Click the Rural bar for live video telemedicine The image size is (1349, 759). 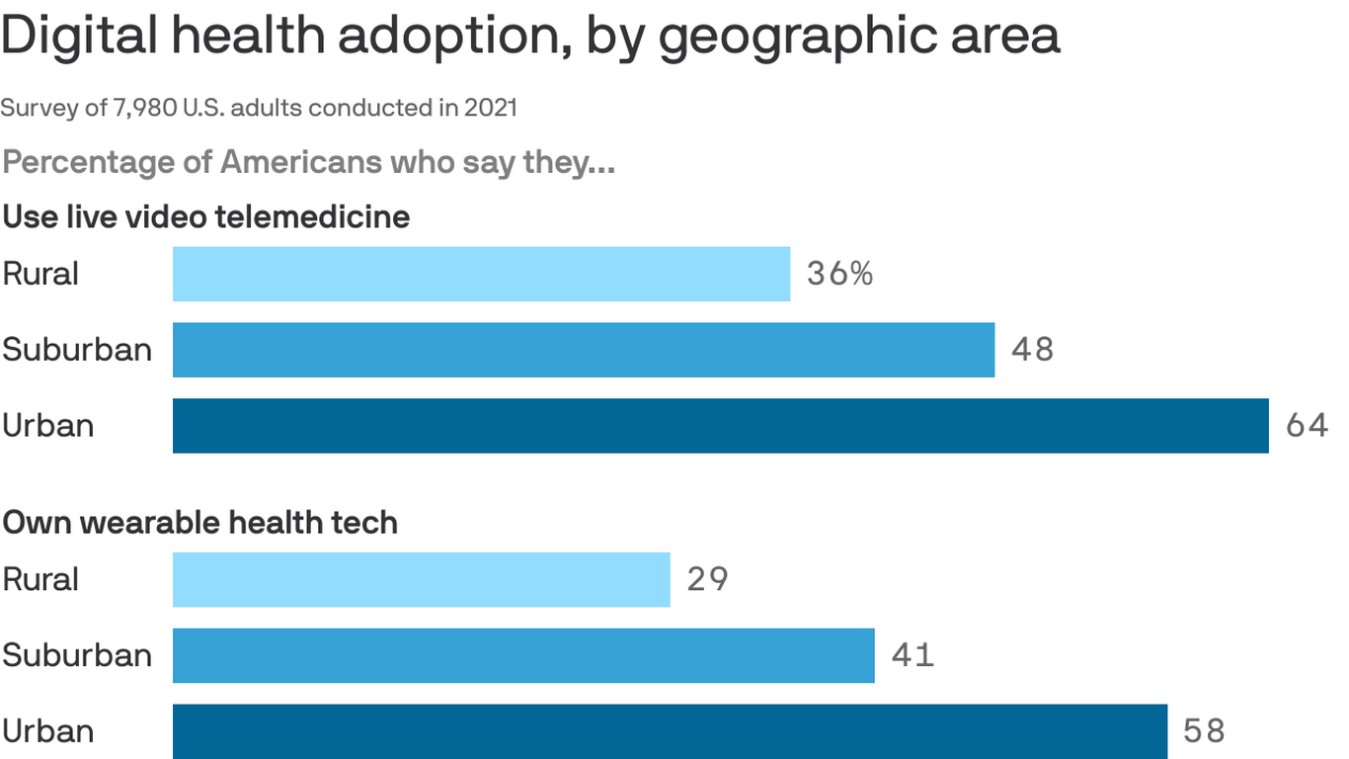click(481, 274)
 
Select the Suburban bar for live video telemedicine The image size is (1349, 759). click(583, 350)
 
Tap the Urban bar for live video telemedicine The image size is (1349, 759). click(720, 426)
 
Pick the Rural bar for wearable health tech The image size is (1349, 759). click(421, 579)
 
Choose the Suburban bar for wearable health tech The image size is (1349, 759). click(523, 655)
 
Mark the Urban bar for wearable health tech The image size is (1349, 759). click(670, 731)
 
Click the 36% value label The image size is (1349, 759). click(839, 274)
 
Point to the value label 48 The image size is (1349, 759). click(1032, 350)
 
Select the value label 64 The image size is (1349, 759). click(1307, 426)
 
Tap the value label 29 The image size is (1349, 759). click(707, 579)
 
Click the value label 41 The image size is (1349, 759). click(912, 655)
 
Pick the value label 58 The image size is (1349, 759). click(1204, 731)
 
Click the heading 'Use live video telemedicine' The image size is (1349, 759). click(205, 216)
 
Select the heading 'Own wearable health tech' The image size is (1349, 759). click(199, 522)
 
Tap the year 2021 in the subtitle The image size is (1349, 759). click(491, 108)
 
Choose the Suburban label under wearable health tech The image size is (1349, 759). click(77, 655)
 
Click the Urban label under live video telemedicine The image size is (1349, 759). click(48, 426)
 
